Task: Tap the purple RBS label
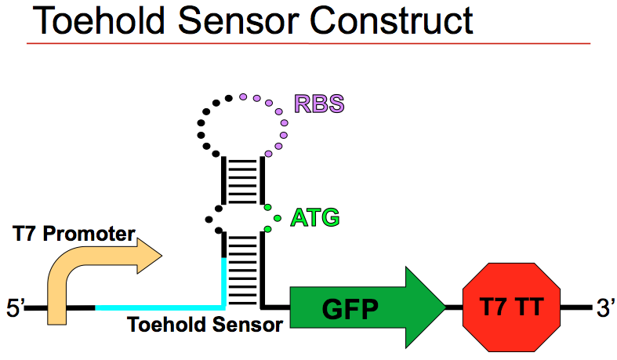pyautogui.click(x=319, y=104)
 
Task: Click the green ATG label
pyautogui.click(x=315, y=217)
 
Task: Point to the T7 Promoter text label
pyautogui.click(x=74, y=234)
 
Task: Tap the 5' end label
pyautogui.click(x=15, y=307)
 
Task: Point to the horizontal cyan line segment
pyautogui.click(x=157, y=307)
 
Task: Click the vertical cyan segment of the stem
pyautogui.click(x=223, y=278)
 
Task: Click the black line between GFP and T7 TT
pyautogui.click(x=453, y=307)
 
